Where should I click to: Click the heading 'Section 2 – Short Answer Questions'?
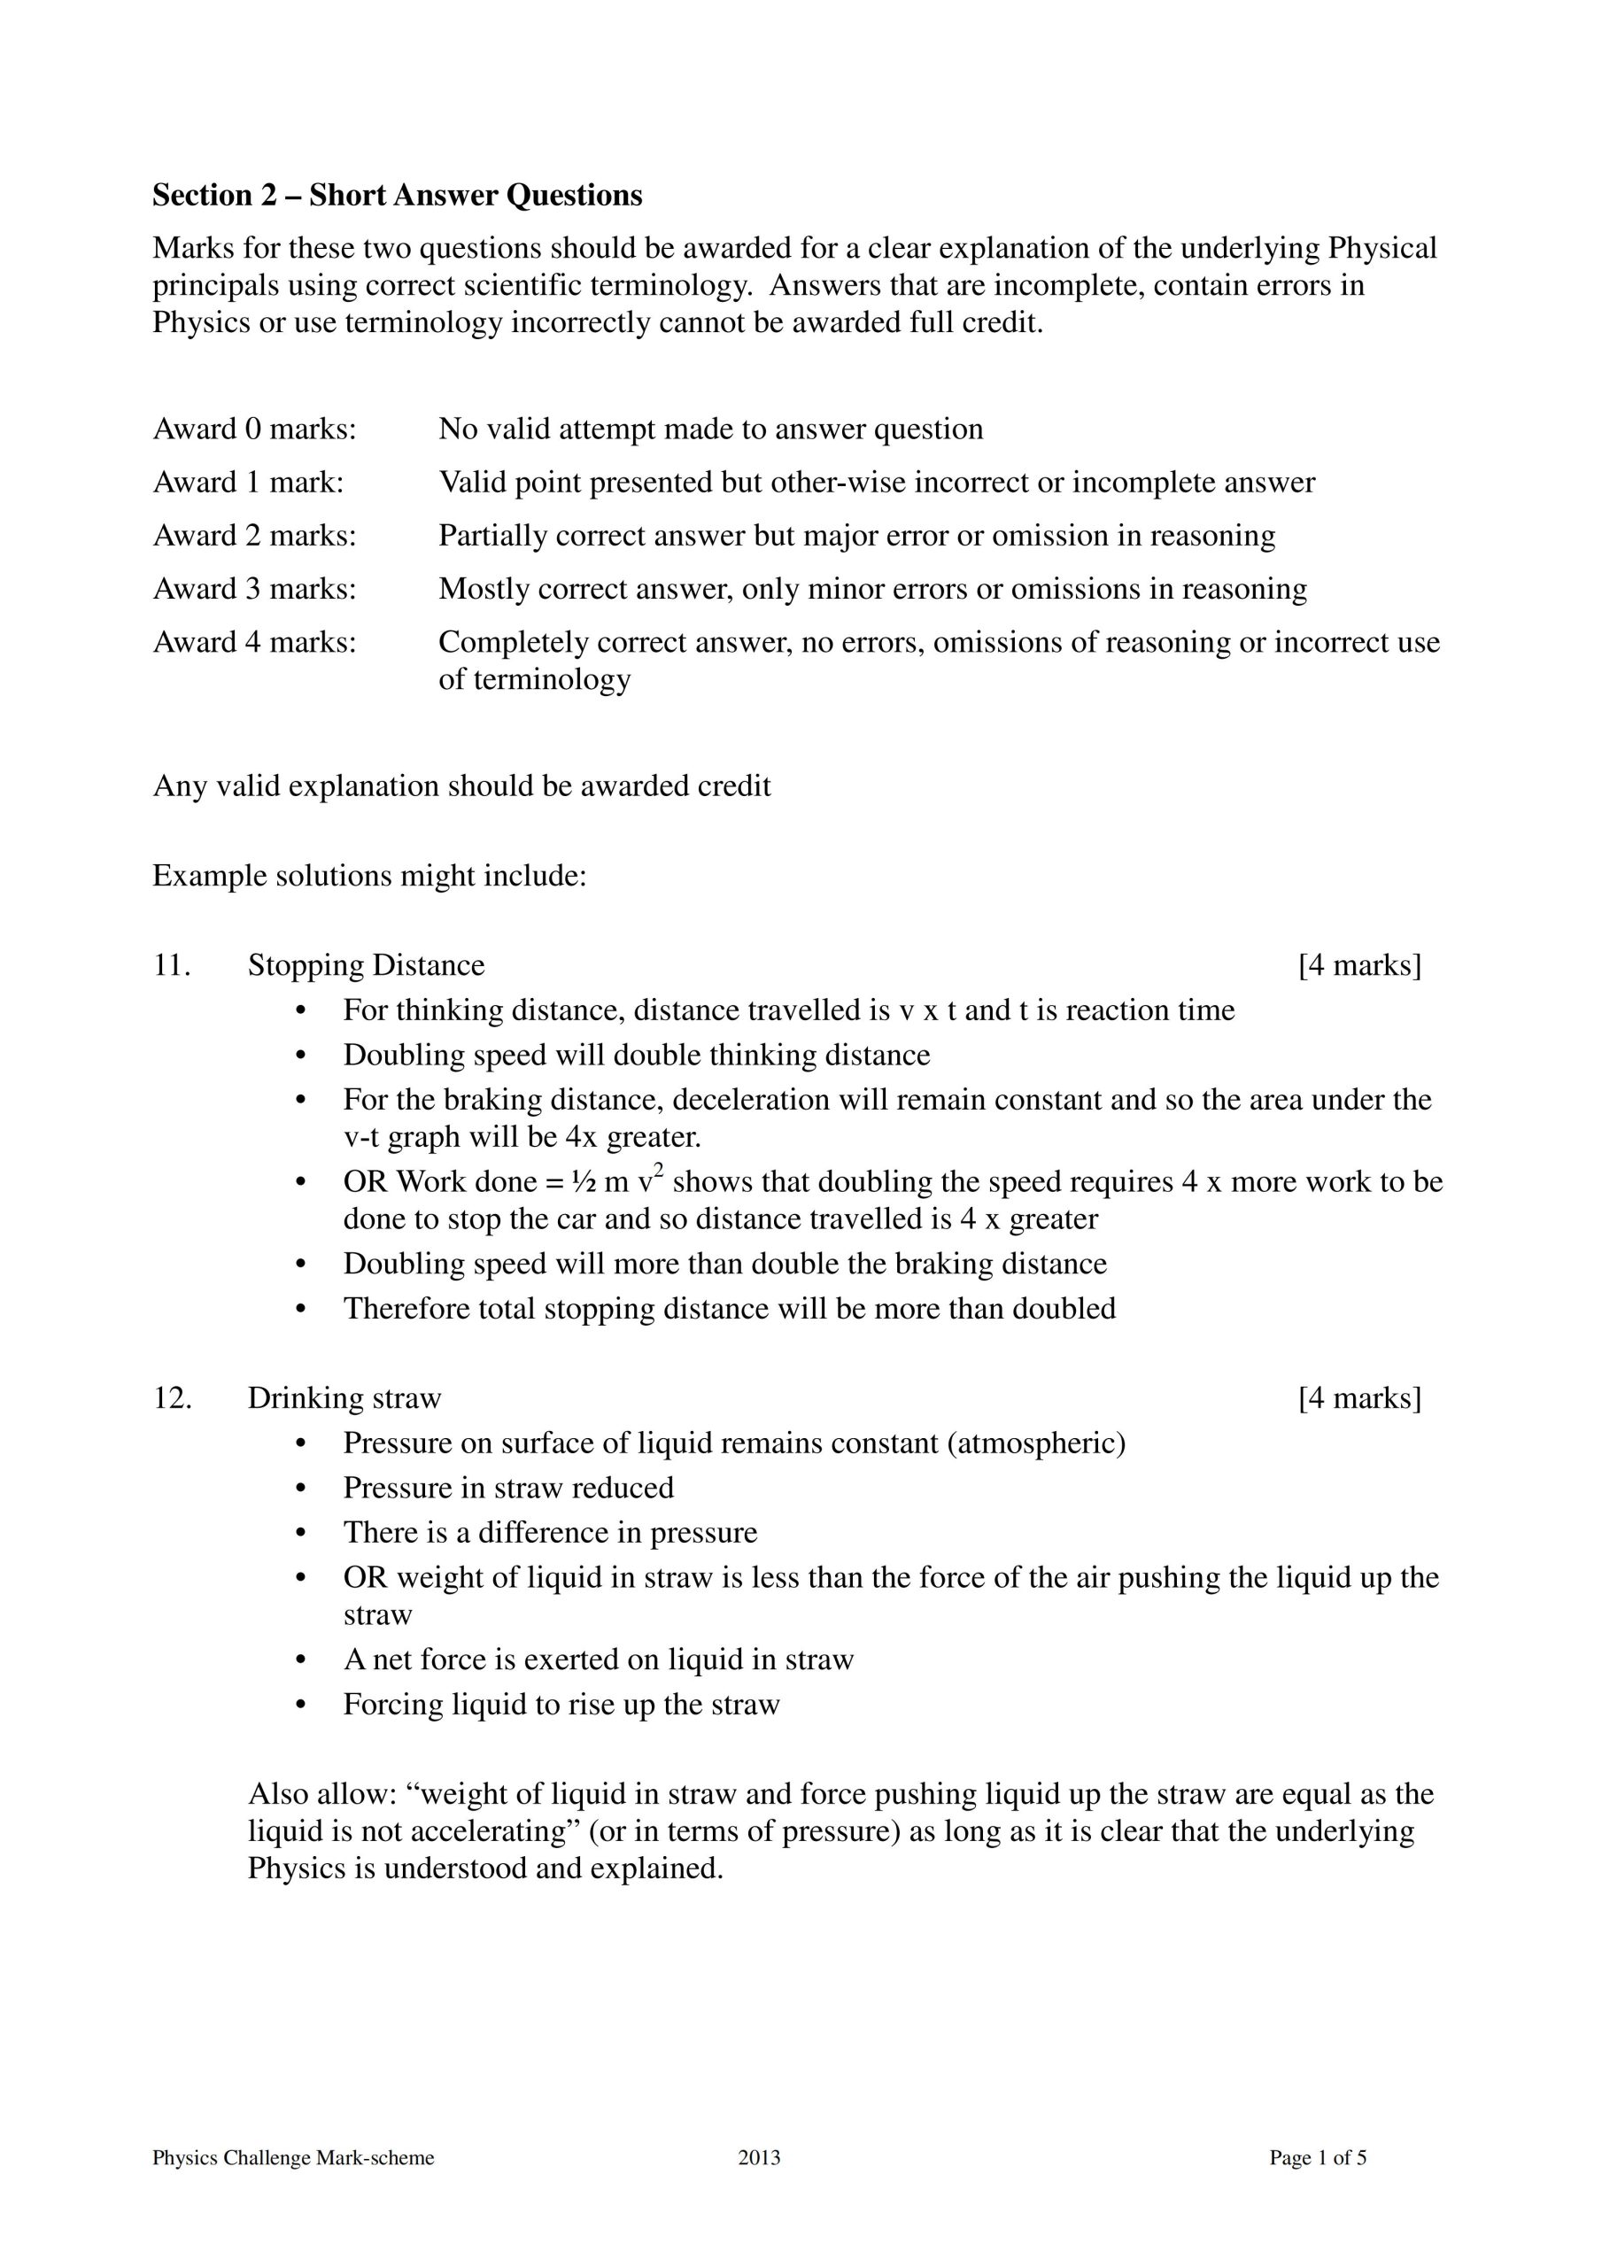point(397,196)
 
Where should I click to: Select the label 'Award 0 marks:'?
point(254,429)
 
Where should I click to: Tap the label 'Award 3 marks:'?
point(254,589)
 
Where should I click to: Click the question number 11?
point(171,964)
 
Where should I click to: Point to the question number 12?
point(172,1398)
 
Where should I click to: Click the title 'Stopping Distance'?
point(366,964)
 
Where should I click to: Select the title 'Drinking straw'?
point(344,1398)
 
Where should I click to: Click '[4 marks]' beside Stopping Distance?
point(1359,964)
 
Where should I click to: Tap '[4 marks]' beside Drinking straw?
point(1359,1398)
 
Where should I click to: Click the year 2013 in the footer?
point(759,2157)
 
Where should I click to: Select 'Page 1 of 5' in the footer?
point(1318,2157)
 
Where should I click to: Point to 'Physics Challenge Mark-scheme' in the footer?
point(293,2157)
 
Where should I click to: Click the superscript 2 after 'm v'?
point(658,1172)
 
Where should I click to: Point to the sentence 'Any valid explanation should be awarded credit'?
point(461,786)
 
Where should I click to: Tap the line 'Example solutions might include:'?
point(369,876)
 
